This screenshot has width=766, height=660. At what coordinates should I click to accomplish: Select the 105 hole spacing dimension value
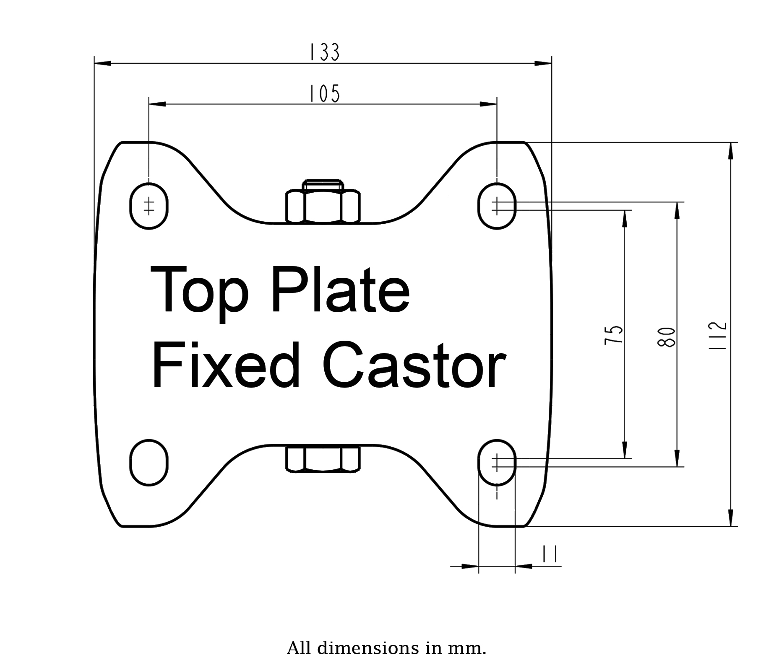pyautogui.click(x=324, y=93)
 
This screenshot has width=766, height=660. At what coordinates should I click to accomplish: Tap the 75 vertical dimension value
pyautogui.click(x=614, y=334)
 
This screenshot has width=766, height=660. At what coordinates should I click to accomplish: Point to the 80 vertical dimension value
pyautogui.click(x=667, y=337)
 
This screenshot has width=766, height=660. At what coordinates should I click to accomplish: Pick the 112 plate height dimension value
pyautogui.click(x=718, y=336)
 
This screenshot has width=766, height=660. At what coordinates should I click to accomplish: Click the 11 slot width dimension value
pyautogui.click(x=549, y=554)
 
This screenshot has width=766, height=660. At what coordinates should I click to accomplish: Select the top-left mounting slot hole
pyautogui.click(x=149, y=206)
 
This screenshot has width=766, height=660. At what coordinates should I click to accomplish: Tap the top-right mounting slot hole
pyautogui.click(x=497, y=206)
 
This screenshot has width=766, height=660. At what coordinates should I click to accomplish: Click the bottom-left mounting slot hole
pyautogui.click(x=149, y=463)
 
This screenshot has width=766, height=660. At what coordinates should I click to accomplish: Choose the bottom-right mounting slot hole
pyautogui.click(x=497, y=463)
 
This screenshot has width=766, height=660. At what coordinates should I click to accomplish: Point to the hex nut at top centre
pyautogui.click(x=323, y=205)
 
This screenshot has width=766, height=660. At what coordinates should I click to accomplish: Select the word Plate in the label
pyautogui.click(x=340, y=289)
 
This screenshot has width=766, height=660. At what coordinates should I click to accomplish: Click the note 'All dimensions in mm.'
pyautogui.click(x=386, y=648)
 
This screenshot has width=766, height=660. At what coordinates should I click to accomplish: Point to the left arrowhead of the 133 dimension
pyautogui.click(x=102, y=64)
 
